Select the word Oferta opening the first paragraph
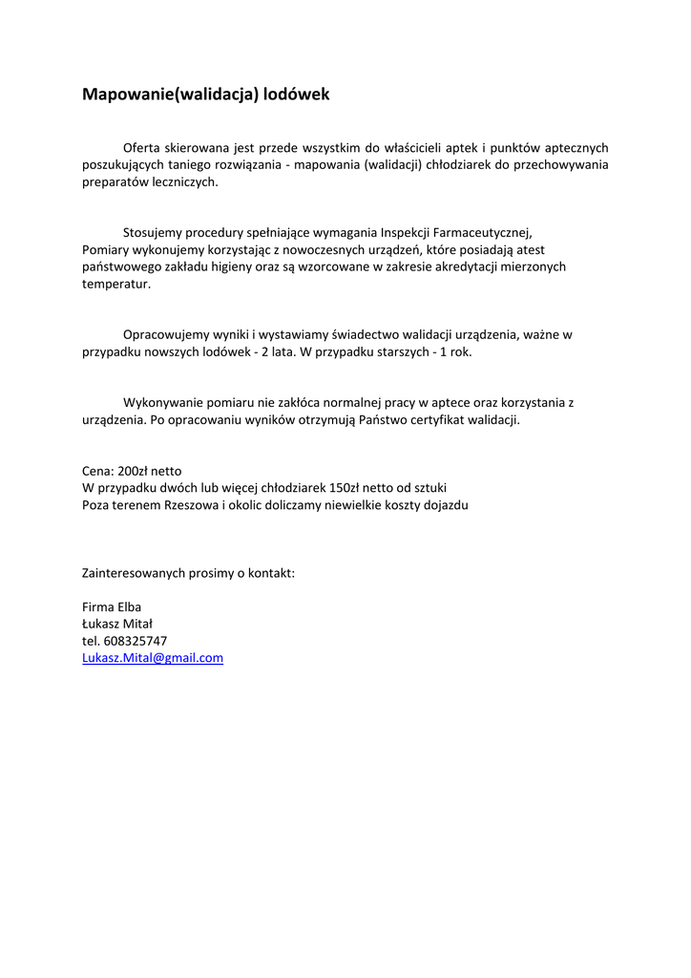click(x=142, y=148)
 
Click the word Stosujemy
click(x=152, y=232)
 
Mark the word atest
click(x=529, y=249)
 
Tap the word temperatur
click(x=115, y=284)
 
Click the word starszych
click(x=394, y=351)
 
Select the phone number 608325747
click(x=135, y=641)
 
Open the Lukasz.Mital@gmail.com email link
click(x=153, y=658)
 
